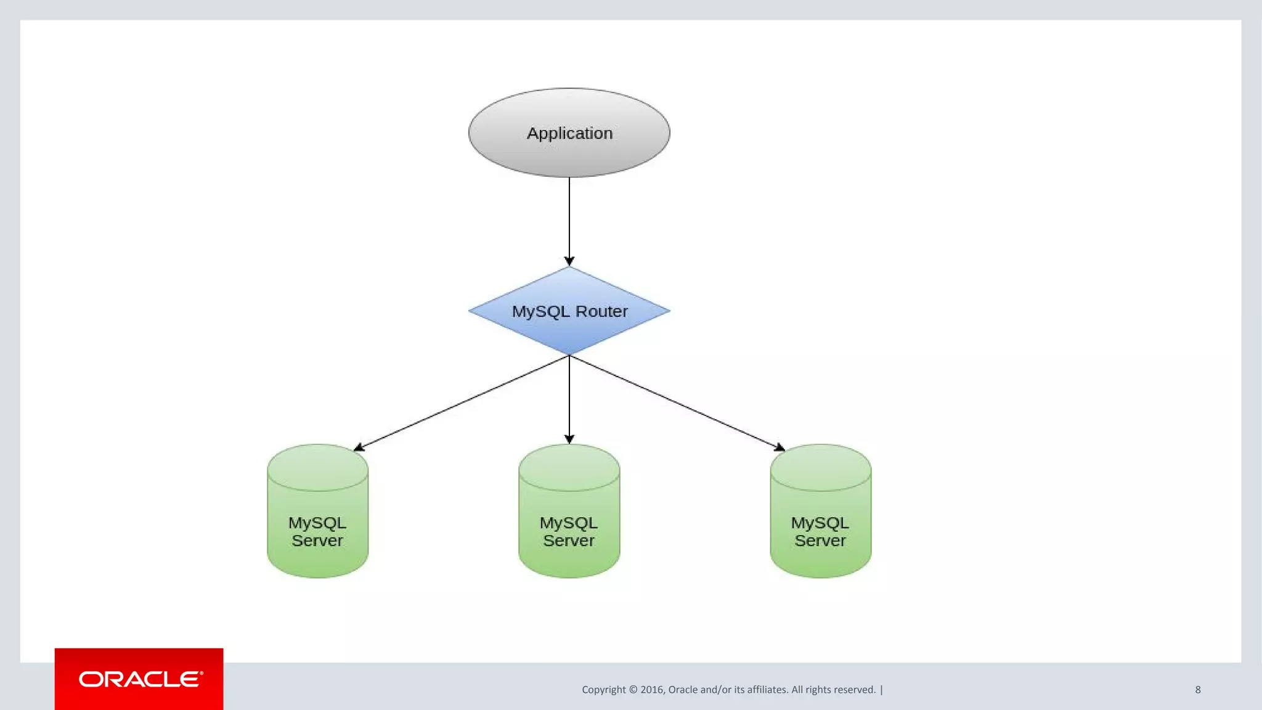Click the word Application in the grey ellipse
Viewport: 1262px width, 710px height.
pyautogui.click(x=569, y=133)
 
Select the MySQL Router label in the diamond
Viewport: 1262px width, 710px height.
pyautogui.click(x=569, y=311)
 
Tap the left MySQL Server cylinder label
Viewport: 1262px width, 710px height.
pyautogui.click(x=317, y=531)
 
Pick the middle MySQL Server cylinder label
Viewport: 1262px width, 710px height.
pyautogui.click(x=569, y=531)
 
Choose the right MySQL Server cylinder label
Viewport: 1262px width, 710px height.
pyautogui.click(x=820, y=531)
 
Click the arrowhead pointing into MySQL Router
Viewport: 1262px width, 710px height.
pyautogui.click(x=569, y=261)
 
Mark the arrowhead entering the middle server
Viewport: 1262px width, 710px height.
pyautogui.click(x=569, y=439)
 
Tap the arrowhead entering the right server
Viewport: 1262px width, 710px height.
pyautogui.click(x=780, y=447)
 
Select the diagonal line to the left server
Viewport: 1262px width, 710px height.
pyautogui.click(x=462, y=402)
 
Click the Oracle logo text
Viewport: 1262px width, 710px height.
pyautogui.click(x=140, y=679)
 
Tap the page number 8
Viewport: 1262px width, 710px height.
pyautogui.click(x=1198, y=690)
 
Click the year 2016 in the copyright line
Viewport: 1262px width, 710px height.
pyautogui.click(x=652, y=690)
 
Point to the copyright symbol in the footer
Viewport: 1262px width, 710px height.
pyautogui.click(x=633, y=690)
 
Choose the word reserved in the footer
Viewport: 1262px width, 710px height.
pyautogui.click(x=854, y=690)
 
